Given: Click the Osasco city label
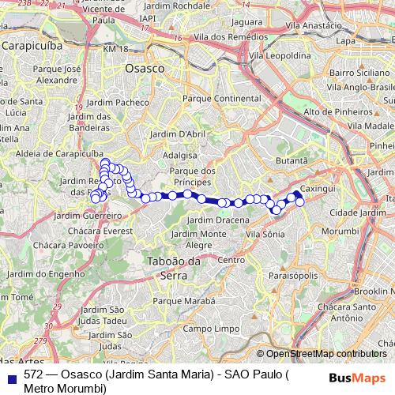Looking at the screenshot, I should (x=145, y=69).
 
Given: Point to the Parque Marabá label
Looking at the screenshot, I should (x=183, y=300).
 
